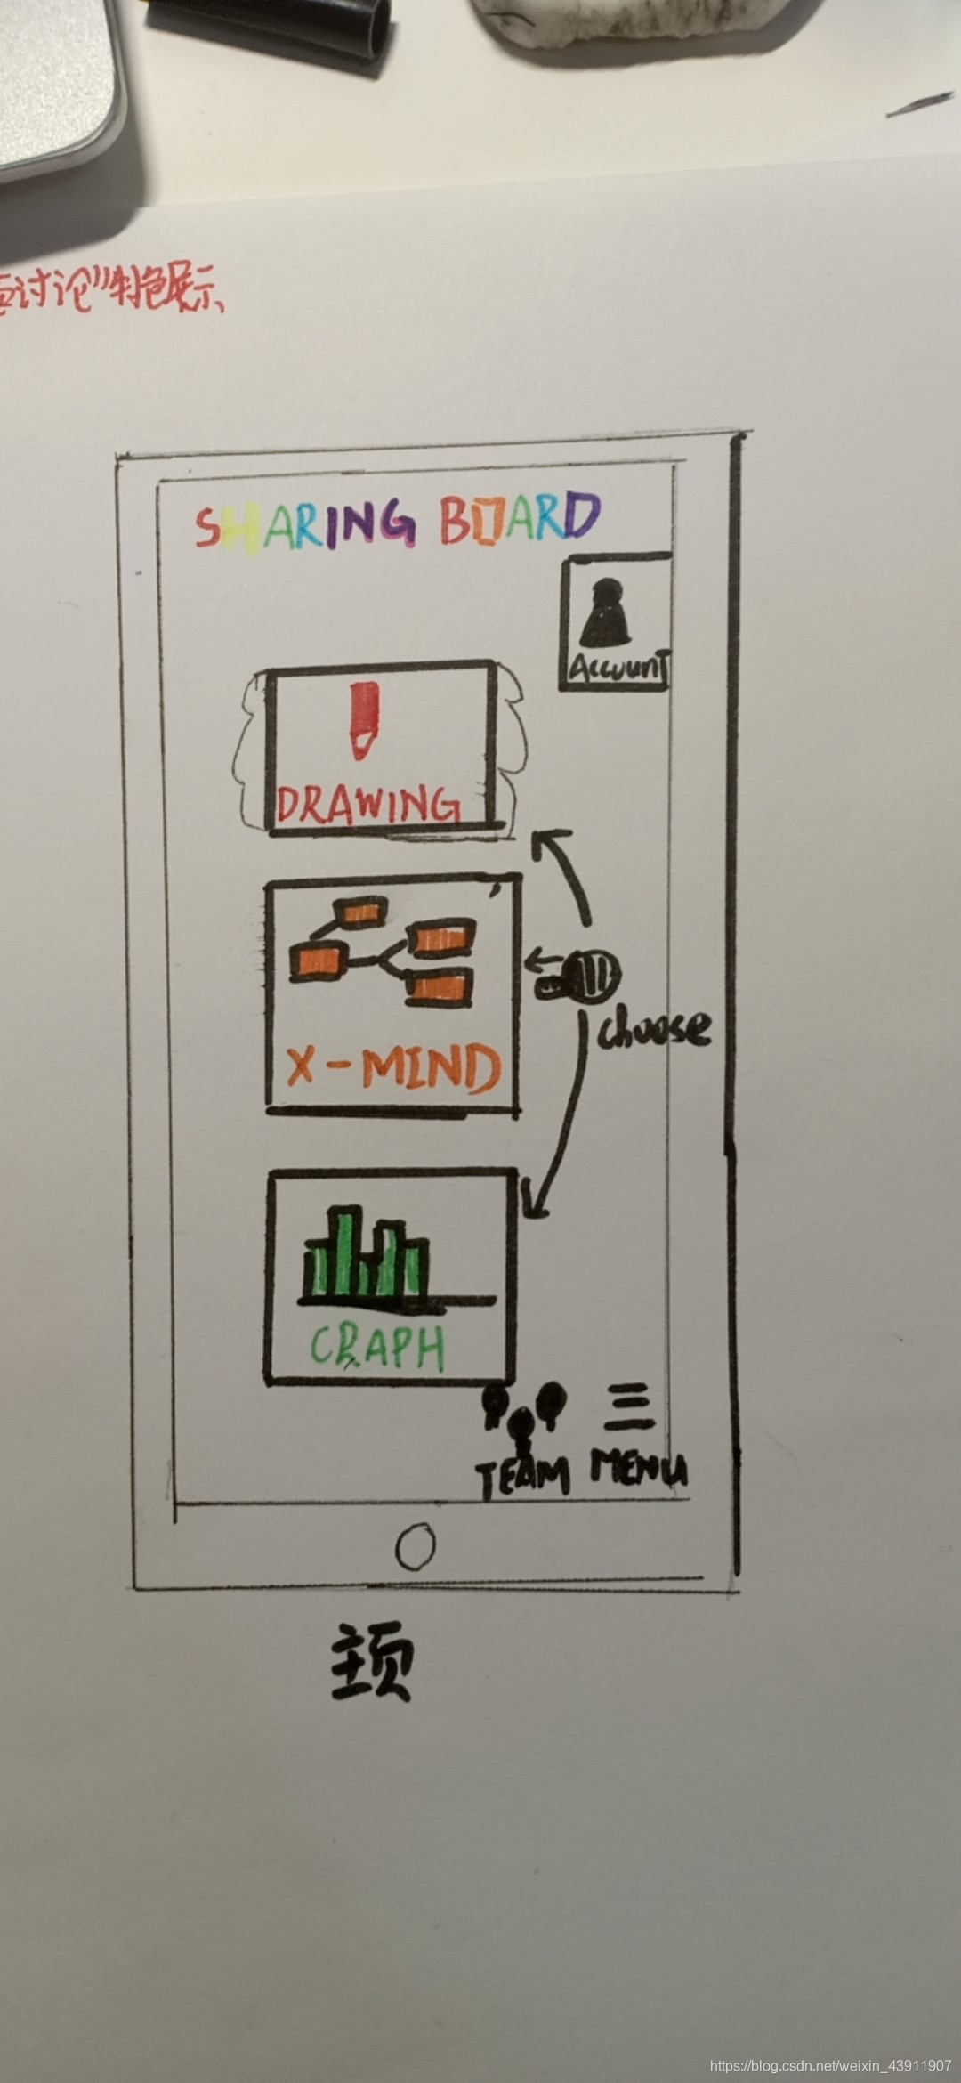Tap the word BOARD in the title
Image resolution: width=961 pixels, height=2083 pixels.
pos(520,518)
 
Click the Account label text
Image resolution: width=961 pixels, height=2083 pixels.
pos(618,668)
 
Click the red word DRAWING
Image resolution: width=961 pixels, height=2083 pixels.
pos(368,803)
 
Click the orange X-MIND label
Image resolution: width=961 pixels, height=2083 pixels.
pos(392,1067)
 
